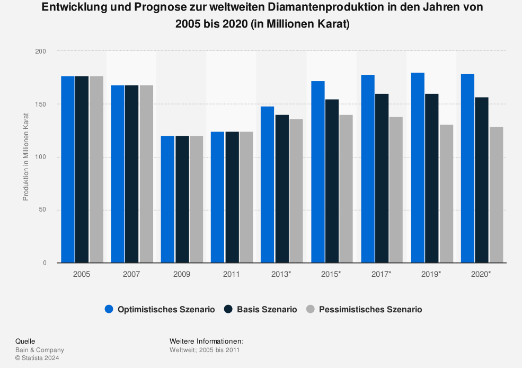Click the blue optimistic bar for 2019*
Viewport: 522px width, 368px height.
click(x=418, y=168)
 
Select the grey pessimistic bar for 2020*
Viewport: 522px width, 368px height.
click(x=496, y=195)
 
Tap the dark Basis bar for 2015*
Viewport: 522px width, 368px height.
click(x=332, y=181)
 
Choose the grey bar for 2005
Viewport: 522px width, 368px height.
click(x=96, y=169)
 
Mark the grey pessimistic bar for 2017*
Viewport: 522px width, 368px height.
click(x=396, y=190)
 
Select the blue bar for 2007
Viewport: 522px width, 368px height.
click(x=118, y=174)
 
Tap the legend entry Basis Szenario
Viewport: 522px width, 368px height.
click(x=261, y=309)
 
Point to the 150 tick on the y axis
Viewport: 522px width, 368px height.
click(x=41, y=104)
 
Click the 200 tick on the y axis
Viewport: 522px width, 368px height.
click(x=41, y=51)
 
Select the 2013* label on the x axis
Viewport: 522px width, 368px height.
click(x=281, y=274)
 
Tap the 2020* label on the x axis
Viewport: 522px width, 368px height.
click(x=481, y=274)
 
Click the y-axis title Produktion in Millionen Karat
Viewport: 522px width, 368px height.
click(x=25, y=157)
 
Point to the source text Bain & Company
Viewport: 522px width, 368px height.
click(x=40, y=350)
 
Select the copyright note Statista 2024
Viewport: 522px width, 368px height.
click(x=37, y=358)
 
